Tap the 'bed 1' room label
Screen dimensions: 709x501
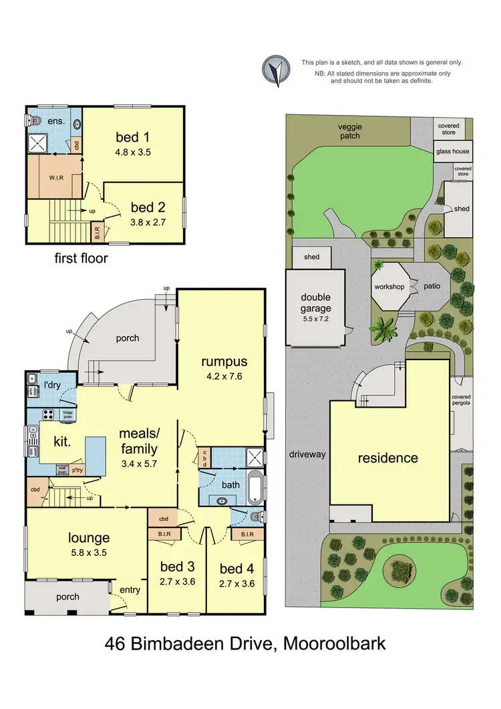tap(132, 138)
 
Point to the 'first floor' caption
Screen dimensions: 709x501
tap(81, 258)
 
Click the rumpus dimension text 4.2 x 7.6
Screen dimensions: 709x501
tap(224, 376)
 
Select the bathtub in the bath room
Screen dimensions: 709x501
tap(254, 487)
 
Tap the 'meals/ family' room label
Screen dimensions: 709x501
tap(139, 441)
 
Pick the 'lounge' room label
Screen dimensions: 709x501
tap(88, 538)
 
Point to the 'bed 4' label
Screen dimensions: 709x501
tap(236, 569)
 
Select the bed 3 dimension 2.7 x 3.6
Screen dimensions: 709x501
tap(177, 581)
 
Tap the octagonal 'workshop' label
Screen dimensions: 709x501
tap(389, 287)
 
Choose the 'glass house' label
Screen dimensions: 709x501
tap(452, 152)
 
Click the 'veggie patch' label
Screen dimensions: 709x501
tap(349, 132)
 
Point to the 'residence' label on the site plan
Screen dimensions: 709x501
tap(387, 458)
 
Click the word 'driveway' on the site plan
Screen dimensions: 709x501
tap(307, 454)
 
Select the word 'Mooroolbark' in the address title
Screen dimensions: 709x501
tap(335, 645)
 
